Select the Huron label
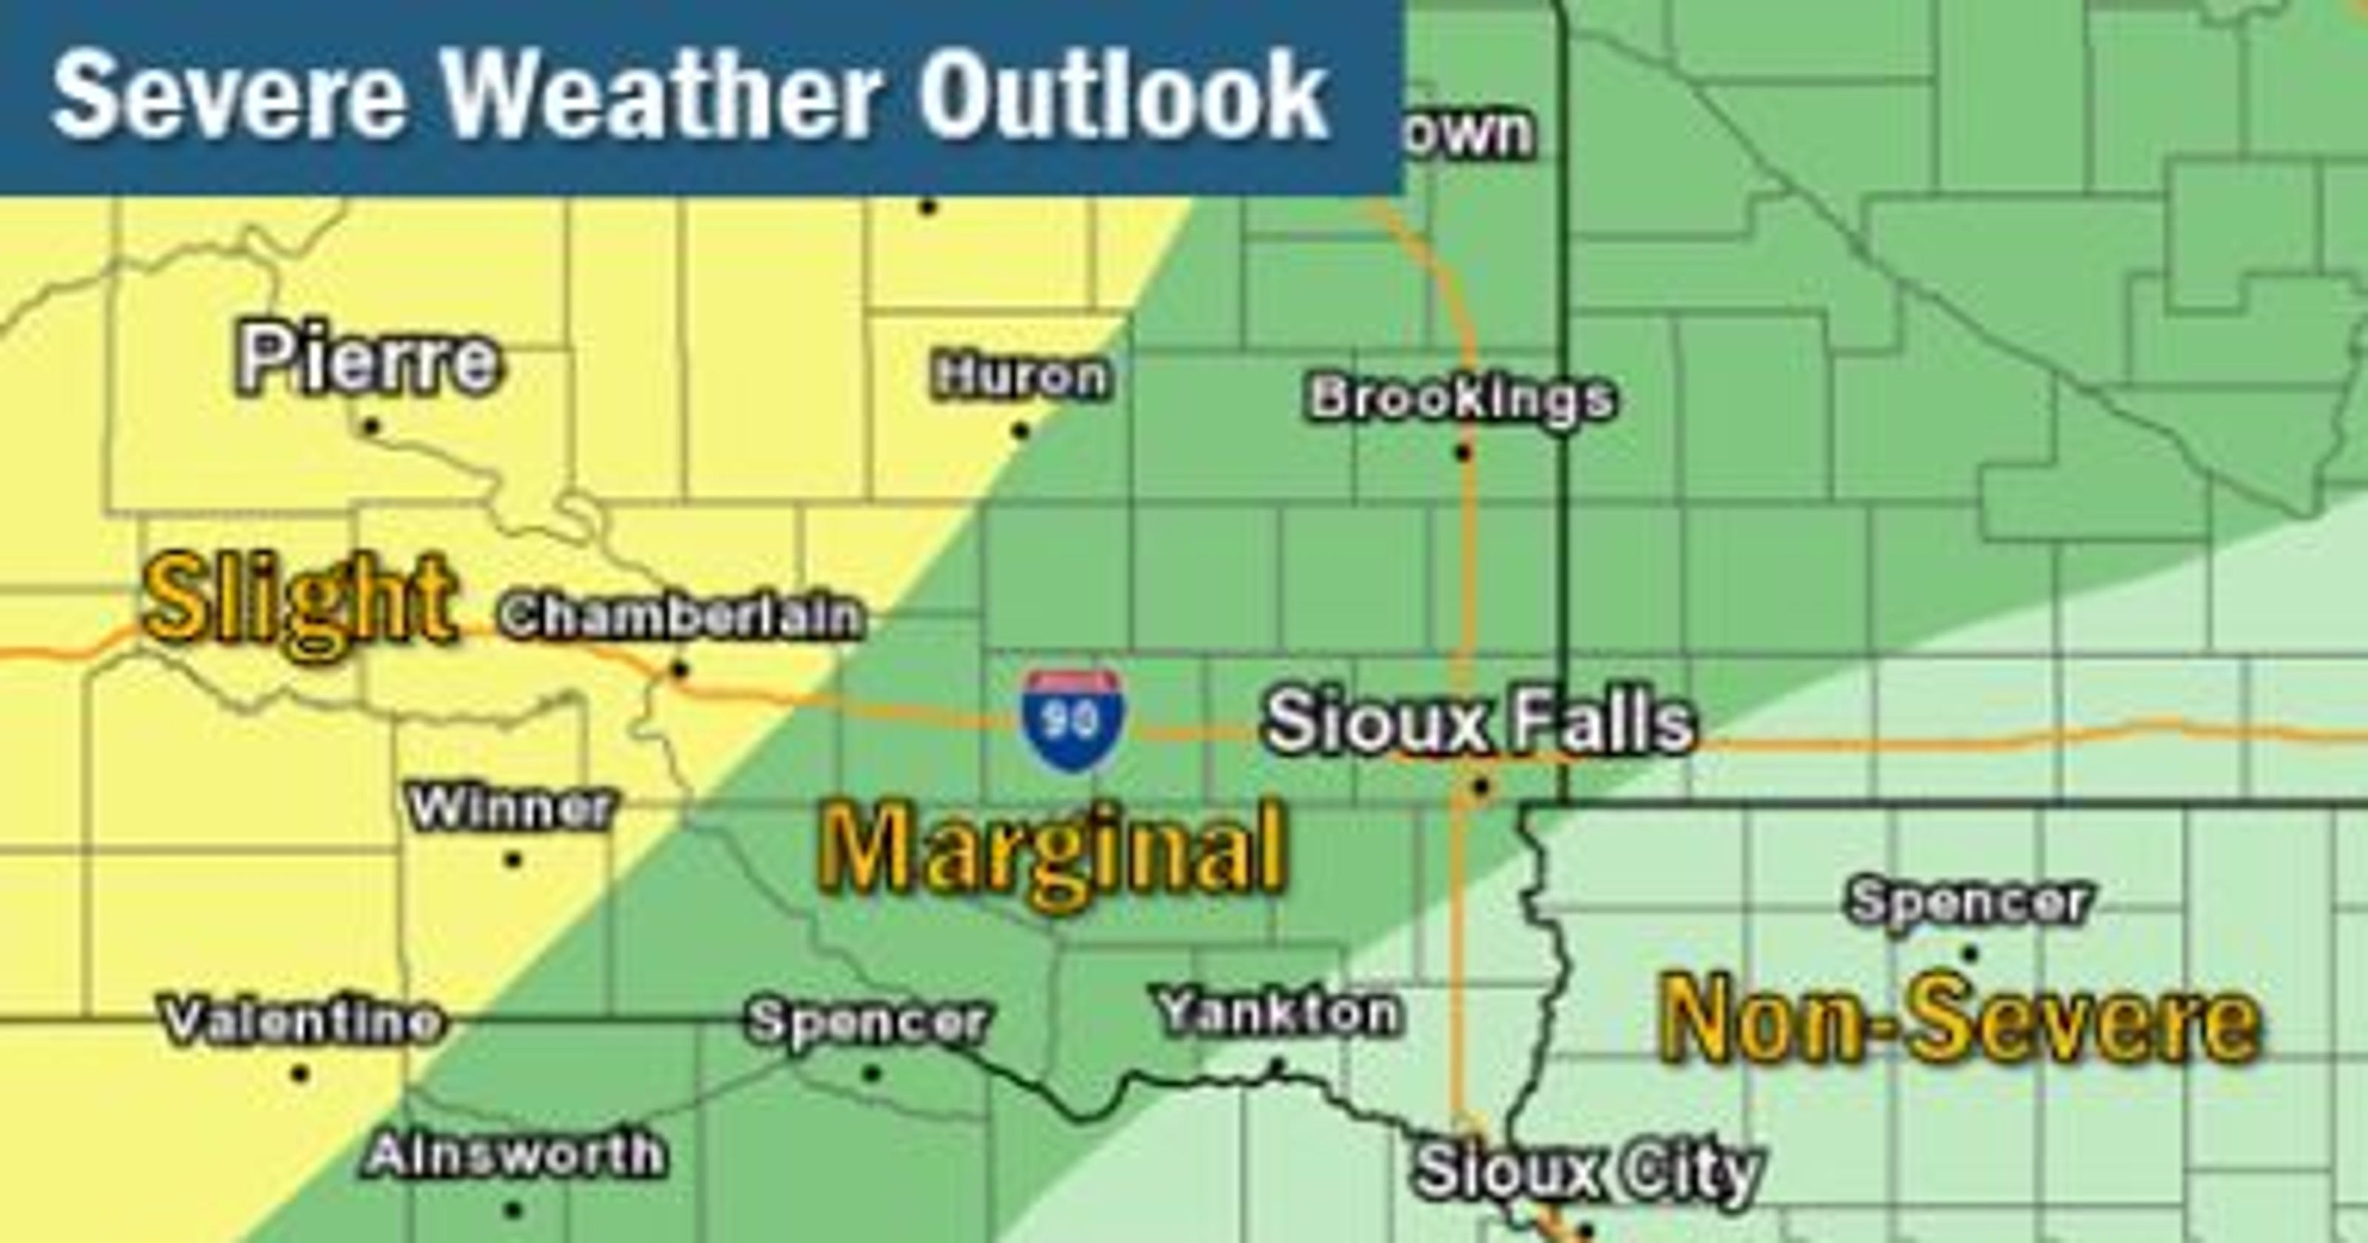[1020, 377]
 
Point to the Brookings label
[1461, 399]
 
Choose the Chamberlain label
[681, 616]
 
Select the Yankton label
[1279, 1013]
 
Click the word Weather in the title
[661, 95]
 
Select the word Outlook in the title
[1123, 95]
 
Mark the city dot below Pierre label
[371, 425]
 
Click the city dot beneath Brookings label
[1464, 451]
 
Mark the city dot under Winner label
[513, 860]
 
